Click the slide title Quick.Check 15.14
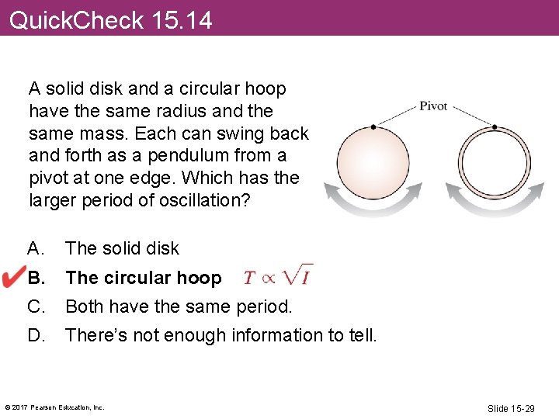click(110, 19)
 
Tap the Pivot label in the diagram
click(433, 106)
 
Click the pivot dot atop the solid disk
click(374, 126)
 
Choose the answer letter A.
click(35, 248)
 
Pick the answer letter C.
click(36, 306)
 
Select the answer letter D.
click(36, 335)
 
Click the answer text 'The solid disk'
click(122, 248)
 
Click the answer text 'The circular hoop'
click(144, 278)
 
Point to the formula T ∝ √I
click(278, 276)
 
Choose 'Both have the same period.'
click(179, 306)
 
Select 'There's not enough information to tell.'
click(221, 335)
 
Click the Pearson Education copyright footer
click(54, 407)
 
